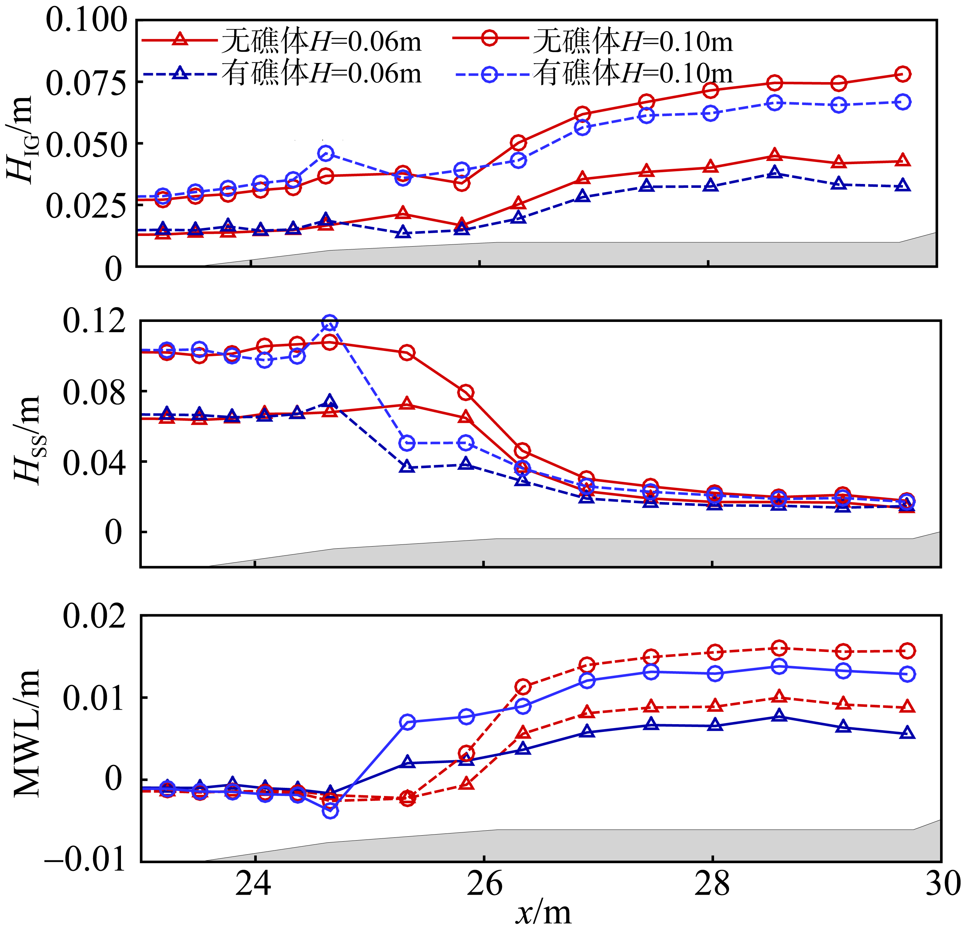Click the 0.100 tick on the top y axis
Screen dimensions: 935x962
click(86, 21)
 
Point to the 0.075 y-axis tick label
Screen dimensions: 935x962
click(86, 82)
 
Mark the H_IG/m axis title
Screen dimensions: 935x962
click(22, 140)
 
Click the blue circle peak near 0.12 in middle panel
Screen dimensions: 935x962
click(330, 323)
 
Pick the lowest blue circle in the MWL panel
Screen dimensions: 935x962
click(331, 811)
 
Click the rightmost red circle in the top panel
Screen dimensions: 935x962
click(903, 74)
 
